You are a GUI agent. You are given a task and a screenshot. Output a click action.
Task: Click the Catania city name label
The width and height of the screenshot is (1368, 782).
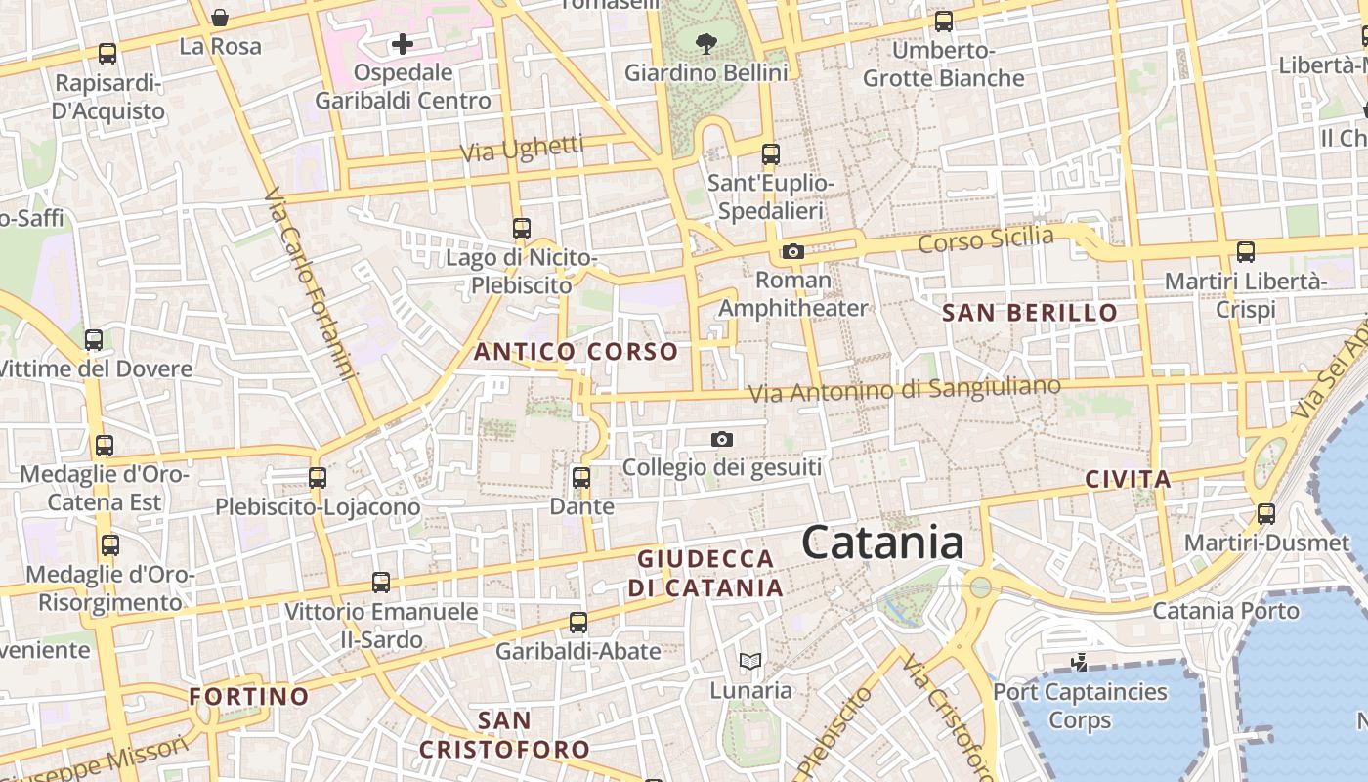(882, 543)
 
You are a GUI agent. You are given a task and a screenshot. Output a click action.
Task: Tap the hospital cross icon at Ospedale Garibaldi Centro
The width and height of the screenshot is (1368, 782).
(402, 44)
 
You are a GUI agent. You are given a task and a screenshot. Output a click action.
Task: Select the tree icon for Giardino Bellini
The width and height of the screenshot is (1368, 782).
(705, 43)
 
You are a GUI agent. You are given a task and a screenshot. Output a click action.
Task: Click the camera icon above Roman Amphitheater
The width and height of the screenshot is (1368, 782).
(792, 252)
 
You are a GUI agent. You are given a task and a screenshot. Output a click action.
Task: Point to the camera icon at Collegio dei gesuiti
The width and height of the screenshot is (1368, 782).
(722, 439)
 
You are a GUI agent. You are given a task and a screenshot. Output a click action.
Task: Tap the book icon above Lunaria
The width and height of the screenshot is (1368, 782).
(750, 662)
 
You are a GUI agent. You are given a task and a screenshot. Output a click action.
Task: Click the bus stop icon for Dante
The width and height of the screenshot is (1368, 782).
(581, 478)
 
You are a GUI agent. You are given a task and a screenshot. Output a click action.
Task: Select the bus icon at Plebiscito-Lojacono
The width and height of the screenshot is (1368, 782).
(318, 478)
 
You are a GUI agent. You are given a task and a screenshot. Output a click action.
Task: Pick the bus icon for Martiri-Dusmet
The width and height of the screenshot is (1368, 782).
(1266, 513)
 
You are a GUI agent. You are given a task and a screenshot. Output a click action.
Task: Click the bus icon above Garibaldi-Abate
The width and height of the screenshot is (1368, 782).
(578, 622)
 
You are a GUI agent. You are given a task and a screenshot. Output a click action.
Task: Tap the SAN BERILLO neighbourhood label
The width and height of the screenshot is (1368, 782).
(1030, 313)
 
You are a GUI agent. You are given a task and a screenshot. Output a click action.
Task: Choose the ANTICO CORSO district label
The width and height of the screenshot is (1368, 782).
(576, 352)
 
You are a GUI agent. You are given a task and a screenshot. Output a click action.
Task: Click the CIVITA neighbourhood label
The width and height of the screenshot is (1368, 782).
(1128, 479)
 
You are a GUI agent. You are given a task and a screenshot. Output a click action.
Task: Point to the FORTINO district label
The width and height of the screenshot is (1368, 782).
(248, 696)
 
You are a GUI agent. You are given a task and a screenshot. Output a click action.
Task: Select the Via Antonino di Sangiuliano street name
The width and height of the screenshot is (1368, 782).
(904, 390)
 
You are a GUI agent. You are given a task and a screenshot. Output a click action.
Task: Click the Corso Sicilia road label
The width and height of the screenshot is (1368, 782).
(986, 238)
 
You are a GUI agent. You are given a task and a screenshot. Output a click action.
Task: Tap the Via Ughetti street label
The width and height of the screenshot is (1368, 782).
(522, 149)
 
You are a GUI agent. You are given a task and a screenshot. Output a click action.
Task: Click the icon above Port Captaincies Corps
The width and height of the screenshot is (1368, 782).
(1079, 663)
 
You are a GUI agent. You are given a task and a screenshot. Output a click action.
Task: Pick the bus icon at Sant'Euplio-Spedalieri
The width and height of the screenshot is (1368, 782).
(771, 153)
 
